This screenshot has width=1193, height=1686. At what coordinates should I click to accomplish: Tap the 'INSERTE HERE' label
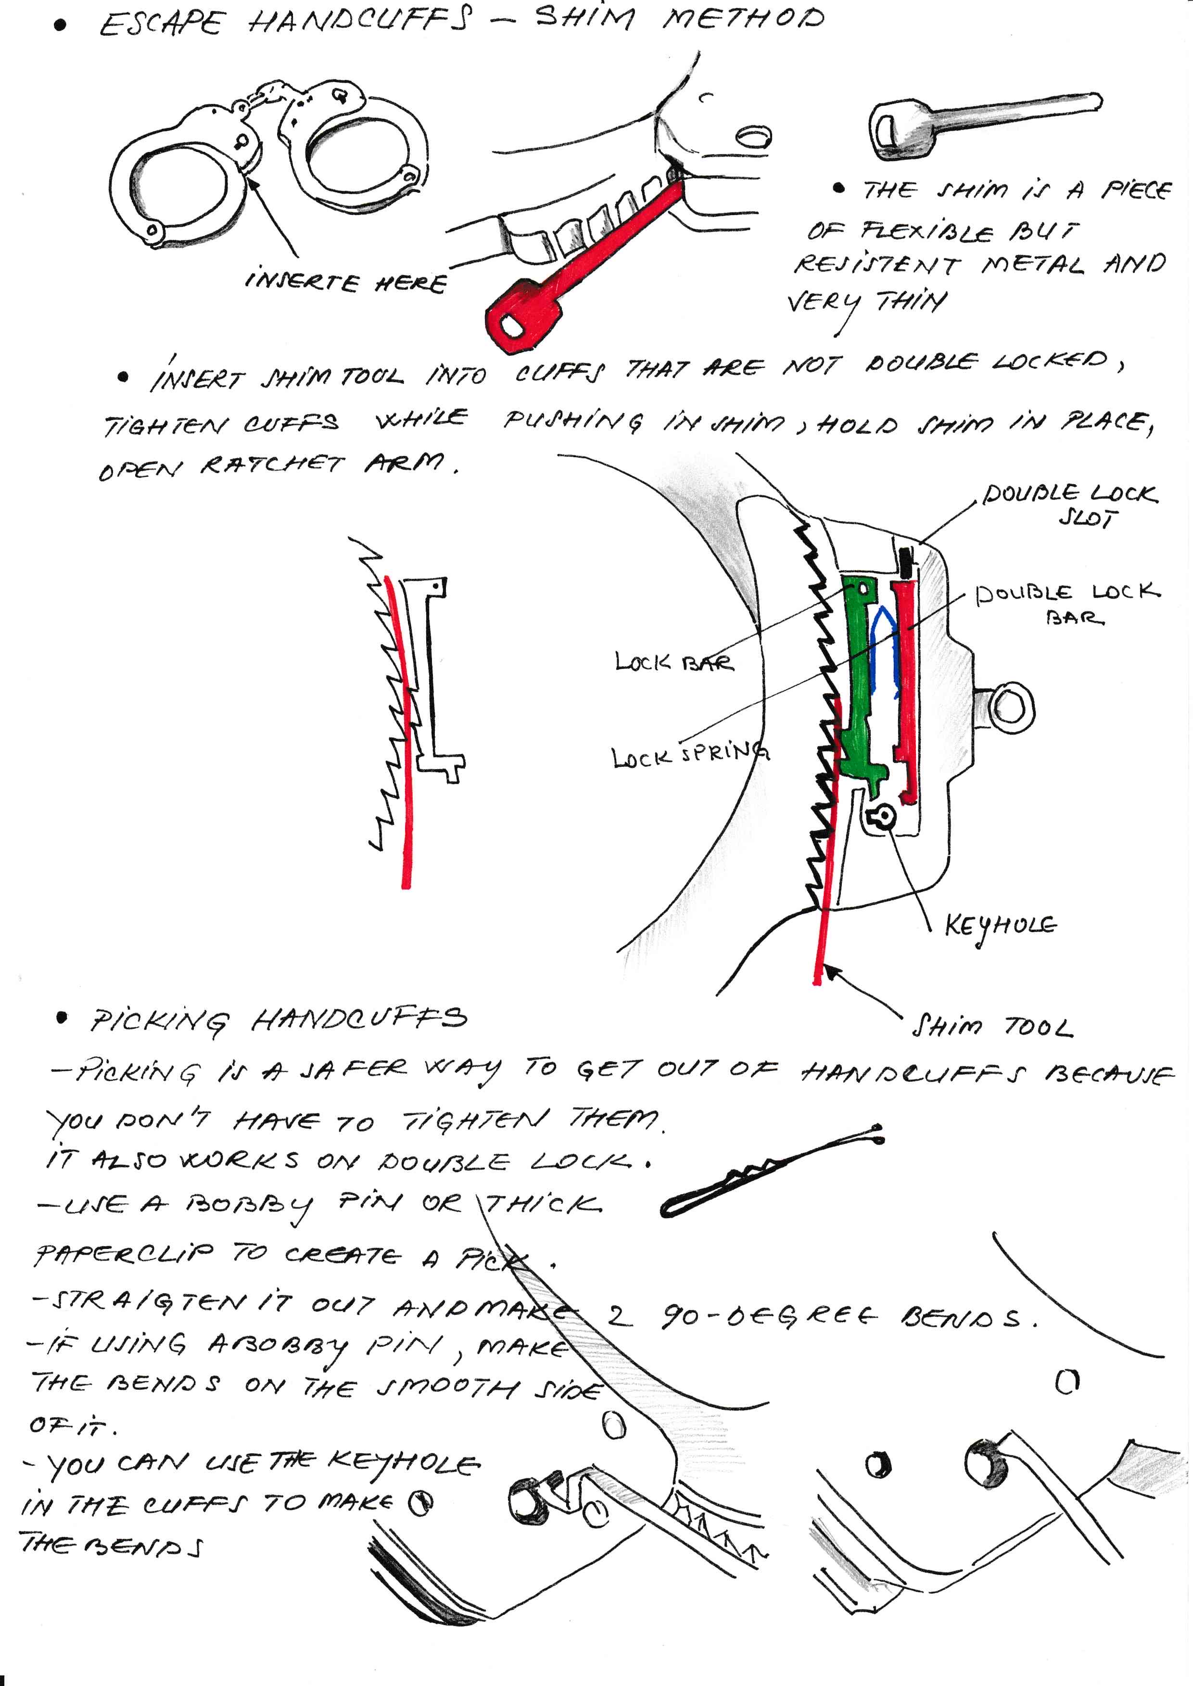pos(345,282)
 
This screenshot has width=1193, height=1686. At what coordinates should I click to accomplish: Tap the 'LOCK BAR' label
pos(673,662)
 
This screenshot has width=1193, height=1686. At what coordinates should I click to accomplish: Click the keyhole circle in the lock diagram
pos(882,816)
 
